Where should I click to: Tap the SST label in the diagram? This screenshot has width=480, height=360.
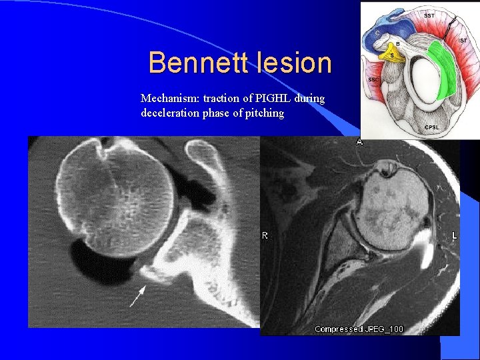[x=430, y=13]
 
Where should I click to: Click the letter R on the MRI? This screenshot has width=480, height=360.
[x=265, y=236]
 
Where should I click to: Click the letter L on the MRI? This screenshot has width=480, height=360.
[x=454, y=236]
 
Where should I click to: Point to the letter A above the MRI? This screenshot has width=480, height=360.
[x=359, y=141]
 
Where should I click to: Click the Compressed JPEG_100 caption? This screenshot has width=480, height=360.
[x=359, y=329]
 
